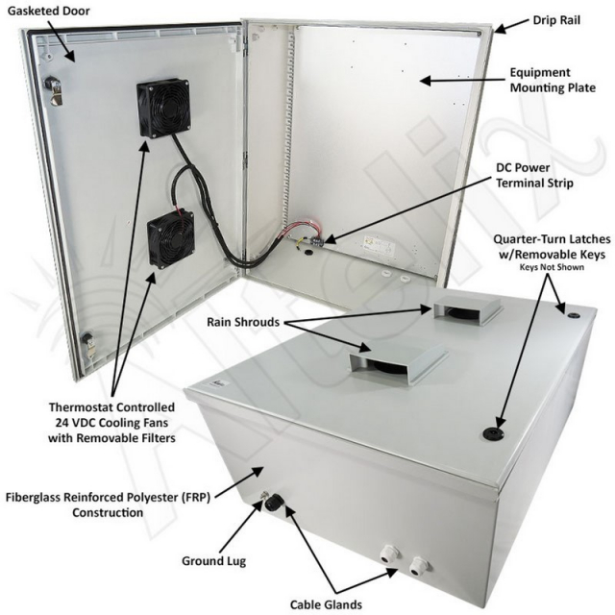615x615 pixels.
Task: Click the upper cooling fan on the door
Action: coord(163,106)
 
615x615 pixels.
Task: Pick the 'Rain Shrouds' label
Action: coord(238,323)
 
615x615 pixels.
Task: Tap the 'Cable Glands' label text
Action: coord(326,604)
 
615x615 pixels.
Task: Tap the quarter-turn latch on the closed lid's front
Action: coord(501,434)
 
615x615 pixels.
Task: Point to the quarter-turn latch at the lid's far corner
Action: coord(571,313)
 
